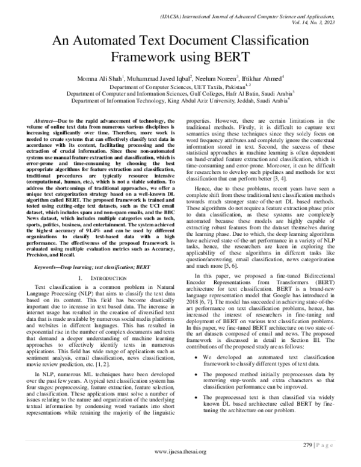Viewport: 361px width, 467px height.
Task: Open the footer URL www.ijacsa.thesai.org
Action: [x=180, y=451]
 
